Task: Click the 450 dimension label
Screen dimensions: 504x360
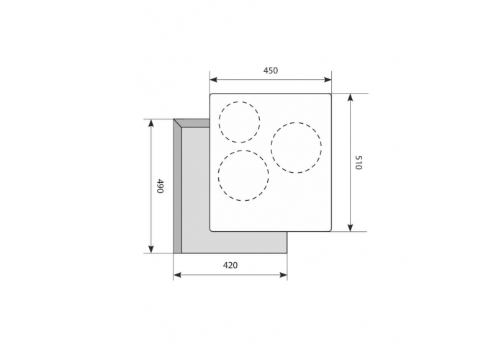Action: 270,70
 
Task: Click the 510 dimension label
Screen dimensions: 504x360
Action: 359,163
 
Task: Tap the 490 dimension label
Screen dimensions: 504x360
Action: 160,186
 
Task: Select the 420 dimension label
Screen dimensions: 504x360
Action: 230,265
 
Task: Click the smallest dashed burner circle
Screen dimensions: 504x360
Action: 240,102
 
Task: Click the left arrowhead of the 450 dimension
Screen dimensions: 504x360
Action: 213,80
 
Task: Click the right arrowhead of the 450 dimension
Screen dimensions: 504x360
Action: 328,80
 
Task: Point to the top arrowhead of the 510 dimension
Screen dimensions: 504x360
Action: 351,97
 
